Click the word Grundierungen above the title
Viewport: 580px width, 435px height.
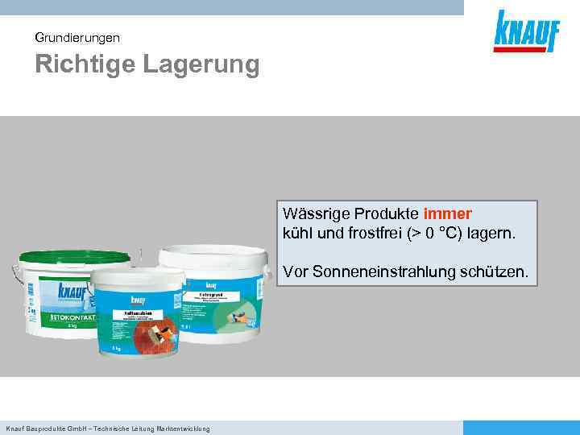(78, 37)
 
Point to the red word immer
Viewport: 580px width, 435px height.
(447, 214)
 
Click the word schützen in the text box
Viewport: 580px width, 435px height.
(499, 272)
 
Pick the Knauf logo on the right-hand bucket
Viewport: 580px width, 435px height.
(214, 283)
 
